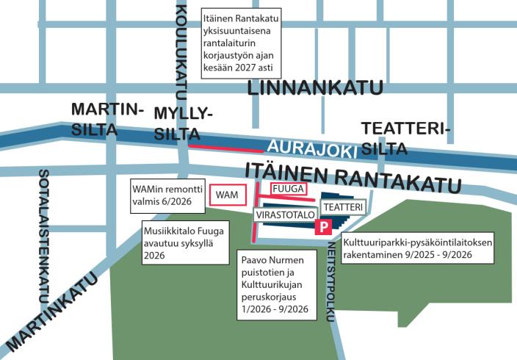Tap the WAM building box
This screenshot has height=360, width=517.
coord(227,195)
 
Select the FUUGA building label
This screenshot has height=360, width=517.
coord(288,189)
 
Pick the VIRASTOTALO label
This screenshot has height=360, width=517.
coord(285,215)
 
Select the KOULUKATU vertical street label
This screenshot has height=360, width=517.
coord(181,49)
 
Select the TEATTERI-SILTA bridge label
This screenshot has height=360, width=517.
coord(404,139)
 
